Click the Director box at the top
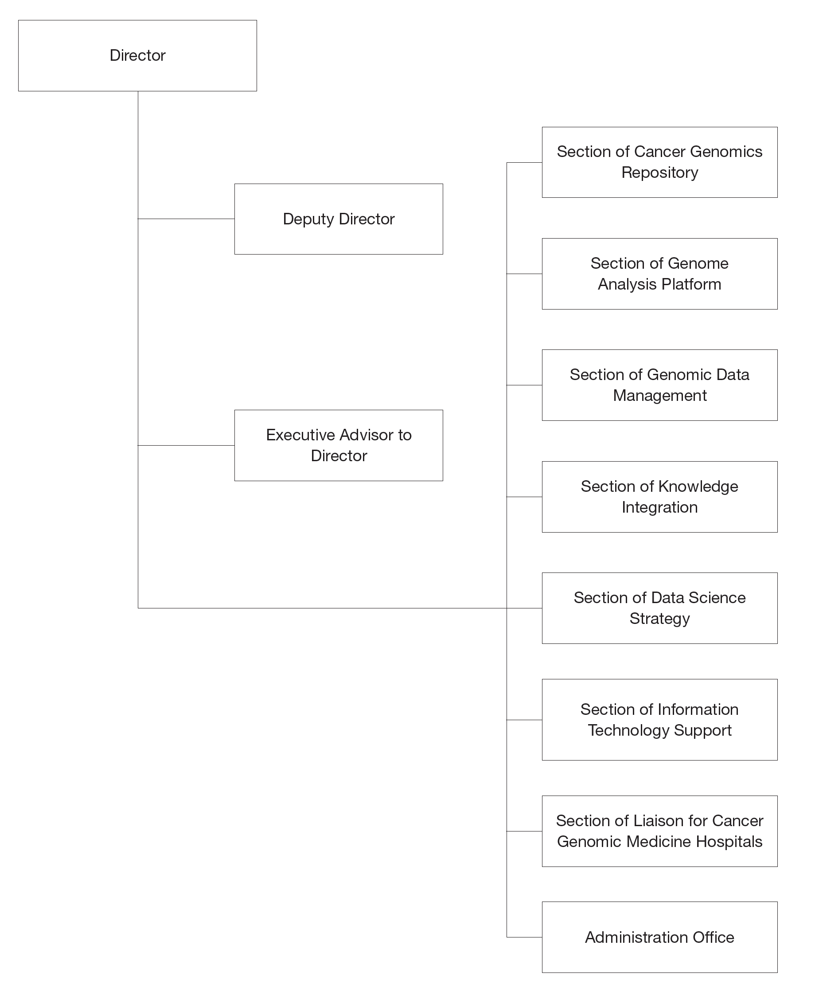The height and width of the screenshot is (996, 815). point(137,55)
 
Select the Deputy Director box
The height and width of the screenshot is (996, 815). point(339,219)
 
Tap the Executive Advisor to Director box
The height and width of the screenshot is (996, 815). point(339,445)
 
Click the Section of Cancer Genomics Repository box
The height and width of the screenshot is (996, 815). point(659,162)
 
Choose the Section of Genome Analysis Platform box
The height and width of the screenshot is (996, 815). point(659,274)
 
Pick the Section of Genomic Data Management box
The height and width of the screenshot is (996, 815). point(659,385)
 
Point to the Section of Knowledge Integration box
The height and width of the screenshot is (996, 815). point(659,497)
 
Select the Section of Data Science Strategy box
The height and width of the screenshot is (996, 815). point(659,608)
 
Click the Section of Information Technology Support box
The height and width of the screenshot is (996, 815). point(659,720)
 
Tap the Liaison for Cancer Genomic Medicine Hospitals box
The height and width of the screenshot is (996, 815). point(659,831)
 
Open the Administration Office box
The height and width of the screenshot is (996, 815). point(659,937)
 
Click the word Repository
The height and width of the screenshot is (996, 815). point(659,173)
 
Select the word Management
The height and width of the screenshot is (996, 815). point(659,396)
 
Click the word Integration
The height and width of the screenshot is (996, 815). point(659,507)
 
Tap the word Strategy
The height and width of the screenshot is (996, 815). point(659,619)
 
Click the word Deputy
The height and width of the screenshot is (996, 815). point(308,220)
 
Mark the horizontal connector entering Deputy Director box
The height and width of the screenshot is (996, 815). point(186,219)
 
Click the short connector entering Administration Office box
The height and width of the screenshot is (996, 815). point(524,937)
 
